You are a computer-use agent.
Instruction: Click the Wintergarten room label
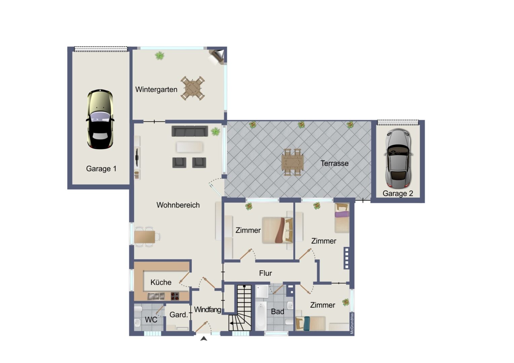pyautogui.click(x=156, y=89)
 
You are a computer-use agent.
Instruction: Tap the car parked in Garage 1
pyautogui.click(x=100, y=119)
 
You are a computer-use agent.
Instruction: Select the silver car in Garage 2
pyautogui.click(x=398, y=158)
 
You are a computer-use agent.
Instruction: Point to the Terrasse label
pyautogui.click(x=334, y=163)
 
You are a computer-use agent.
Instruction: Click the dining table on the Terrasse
pyautogui.click(x=293, y=162)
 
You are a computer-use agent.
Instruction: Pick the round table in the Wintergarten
pyautogui.click(x=193, y=88)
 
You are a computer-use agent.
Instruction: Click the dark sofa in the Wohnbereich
pyautogui.click(x=190, y=131)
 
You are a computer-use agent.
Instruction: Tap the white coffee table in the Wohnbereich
pyautogui.click(x=189, y=147)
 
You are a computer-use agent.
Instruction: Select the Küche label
pyautogui.click(x=161, y=282)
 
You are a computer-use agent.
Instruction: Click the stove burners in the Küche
pyautogui.click(x=175, y=296)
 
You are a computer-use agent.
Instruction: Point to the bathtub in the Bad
pyautogui.click(x=261, y=316)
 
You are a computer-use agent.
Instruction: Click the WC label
pyautogui.click(x=151, y=319)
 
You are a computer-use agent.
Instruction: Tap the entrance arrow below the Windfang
pyautogui.click(x=204, y=339)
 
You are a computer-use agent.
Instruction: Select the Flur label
pyautogui.click(x=265, y=273)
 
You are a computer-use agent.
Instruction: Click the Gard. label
pyautogui.click(x=179, y=315)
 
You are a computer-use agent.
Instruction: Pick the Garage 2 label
pyautogui.click(x=398, y=193)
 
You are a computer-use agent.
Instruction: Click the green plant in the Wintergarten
pyautogui.click(x=160, y=56)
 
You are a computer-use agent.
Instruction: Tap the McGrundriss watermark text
pyautogui.click(x=352, y=324)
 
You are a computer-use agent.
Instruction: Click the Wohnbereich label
pyautogui.click(x=178, y=205)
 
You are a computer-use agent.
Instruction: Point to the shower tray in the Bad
pyautogui.click(x=262, y=291)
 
